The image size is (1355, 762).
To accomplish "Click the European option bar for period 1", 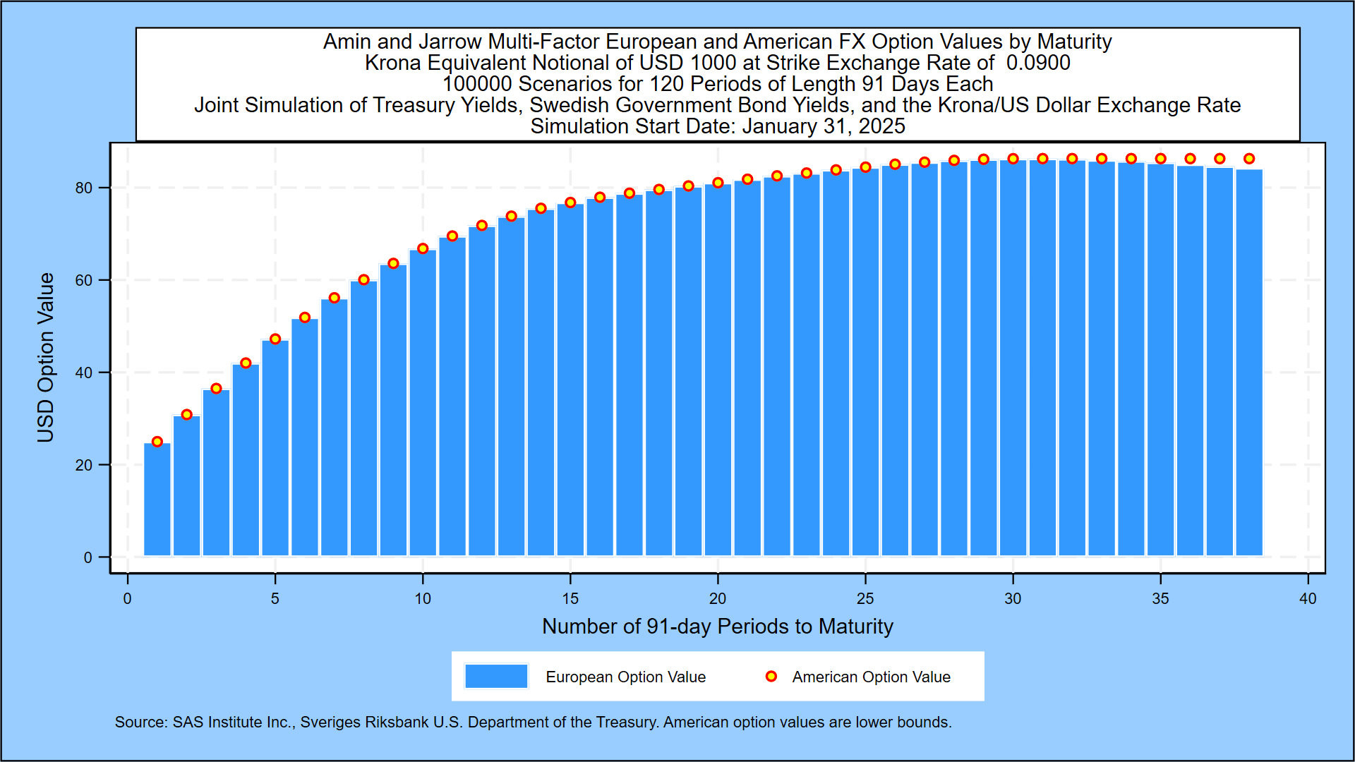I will click(157, 500).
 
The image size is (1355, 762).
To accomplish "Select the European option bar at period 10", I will click(423, 402).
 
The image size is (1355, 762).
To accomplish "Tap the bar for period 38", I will click(1249, 363).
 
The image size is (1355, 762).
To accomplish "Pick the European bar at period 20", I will click(718, 370).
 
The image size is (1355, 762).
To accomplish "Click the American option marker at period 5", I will click(275, 339).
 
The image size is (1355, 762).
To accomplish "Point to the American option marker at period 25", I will click(865, 167).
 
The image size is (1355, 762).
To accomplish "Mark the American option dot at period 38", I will click(1249, 159).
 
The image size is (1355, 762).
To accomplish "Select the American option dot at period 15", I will click(570, 202).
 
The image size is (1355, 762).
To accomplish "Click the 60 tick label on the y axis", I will click(84, 280).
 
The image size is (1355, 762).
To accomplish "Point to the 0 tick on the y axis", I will click(88, 557).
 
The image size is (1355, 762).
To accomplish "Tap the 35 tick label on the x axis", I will click(1160, 599).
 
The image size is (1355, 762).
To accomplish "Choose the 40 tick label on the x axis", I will click(1308, 599).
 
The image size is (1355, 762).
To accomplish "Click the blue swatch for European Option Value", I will click(496, 676).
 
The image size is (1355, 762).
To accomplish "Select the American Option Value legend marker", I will click(771, 676).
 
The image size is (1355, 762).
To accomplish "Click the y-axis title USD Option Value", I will click(46, 358).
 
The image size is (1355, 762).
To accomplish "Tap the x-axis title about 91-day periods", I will click(717, 627).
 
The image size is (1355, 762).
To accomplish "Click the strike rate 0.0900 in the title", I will click(1038, 63).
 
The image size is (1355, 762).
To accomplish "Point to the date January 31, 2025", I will click(823, 126).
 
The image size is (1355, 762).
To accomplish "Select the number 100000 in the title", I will click(476, 84).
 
